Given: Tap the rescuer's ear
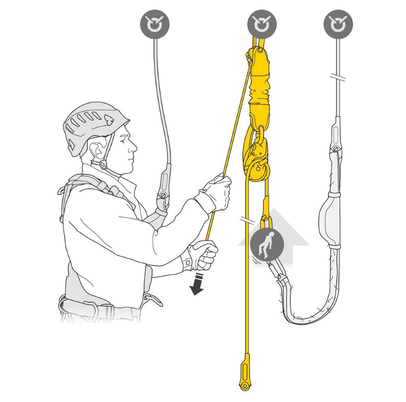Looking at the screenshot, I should pos(99,150).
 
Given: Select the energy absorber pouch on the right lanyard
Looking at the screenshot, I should pos(330,219).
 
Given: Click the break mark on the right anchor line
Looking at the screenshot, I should pos(337,77).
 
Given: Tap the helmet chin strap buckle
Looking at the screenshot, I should pos(104,164).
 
